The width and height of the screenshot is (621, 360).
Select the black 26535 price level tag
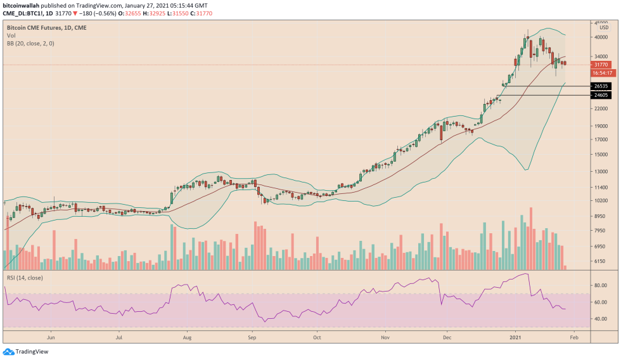pyautogui.click(x=600, y=86)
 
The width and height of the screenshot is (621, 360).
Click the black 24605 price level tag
pyautogui.click(x=600, y=95)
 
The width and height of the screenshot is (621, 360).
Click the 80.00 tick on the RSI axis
pyautogui.click(x=601, y=286)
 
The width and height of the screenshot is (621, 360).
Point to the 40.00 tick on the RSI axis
pyautogui.click(x=601, y=319)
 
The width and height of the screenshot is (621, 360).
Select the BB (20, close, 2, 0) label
pyautogui.click(x=27, y=44)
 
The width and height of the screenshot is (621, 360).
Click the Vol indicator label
pyautogui.click(x=11, y=36)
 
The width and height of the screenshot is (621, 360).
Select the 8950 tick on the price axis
pyautogui.click(x=601, y=216)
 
